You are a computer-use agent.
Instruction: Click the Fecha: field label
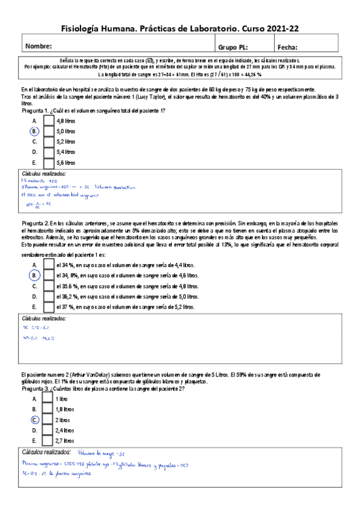(x=288, y=47)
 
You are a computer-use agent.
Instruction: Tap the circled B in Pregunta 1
(x=35, y=131)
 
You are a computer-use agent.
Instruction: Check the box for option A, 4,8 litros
(x=49, y=120)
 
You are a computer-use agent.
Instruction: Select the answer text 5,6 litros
(x=66, y=163)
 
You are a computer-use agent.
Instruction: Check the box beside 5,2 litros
(x=49, y=141)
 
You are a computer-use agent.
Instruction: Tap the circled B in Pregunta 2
(x=35, y=275)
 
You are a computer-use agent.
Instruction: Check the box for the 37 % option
(x=49, y=307)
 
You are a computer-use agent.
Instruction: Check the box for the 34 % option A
(x=49, y=265)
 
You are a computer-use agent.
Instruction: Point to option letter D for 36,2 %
(x=35, y=296)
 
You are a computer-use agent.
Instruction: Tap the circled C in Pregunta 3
(x=35, y=420)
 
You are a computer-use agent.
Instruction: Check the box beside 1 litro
(x=49, y=399)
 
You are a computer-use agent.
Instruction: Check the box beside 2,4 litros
(x=49, y=430)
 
